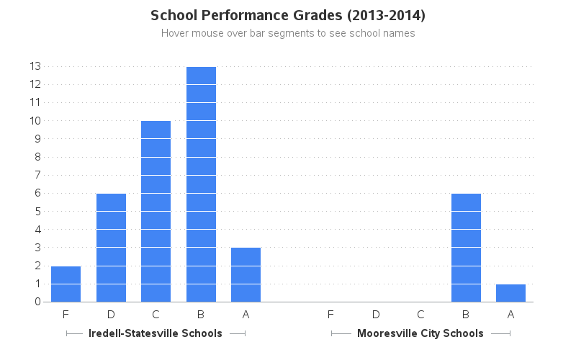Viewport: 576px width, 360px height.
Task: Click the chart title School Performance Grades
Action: (x=288, y=15)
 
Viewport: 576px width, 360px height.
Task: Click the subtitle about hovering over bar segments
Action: (x=288, y=33)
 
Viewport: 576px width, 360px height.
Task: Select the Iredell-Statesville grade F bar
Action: (x=66, y=284)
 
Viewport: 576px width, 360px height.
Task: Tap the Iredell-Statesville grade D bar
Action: (x=111, y=248)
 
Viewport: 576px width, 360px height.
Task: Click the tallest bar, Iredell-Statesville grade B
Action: (x=201, y=184)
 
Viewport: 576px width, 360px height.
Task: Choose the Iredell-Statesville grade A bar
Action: (x=246, y=274)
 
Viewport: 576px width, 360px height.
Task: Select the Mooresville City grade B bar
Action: (x=466, y=248)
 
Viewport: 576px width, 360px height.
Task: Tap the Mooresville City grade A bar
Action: (x=510, y=293)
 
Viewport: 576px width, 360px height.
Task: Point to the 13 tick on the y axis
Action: (x=35, y=66)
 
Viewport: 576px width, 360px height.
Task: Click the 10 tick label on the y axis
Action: (x=35, y=121)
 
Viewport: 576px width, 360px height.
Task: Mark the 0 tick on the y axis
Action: (x=37, y=302)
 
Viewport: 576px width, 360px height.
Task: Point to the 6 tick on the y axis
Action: (x=37, y=193)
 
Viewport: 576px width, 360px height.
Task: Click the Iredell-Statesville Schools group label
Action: (x=156, y=333)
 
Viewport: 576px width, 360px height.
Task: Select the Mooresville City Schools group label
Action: (x=420, y=333)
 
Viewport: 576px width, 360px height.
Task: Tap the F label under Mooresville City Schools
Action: (x=330, y=315)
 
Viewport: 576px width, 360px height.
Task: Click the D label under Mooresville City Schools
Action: (x=376, y=315)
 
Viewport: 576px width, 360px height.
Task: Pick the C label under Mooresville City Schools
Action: (x=420, y=315)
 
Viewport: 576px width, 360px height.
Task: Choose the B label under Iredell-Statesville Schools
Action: (x=201, y=315)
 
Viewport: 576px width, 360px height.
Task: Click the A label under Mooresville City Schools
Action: (x=510, y=315)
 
